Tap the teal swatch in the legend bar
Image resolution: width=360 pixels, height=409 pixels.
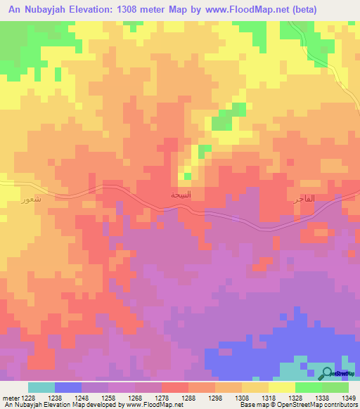tap(41, 387)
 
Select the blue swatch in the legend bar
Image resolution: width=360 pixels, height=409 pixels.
tap(68, 387)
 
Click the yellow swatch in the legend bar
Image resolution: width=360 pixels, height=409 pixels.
tap(282, 387)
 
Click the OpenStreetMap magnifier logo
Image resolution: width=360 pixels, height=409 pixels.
tap(327, 372)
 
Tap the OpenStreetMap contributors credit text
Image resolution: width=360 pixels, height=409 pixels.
tap(316, 405)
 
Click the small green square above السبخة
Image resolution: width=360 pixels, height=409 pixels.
tap(205, 149)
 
